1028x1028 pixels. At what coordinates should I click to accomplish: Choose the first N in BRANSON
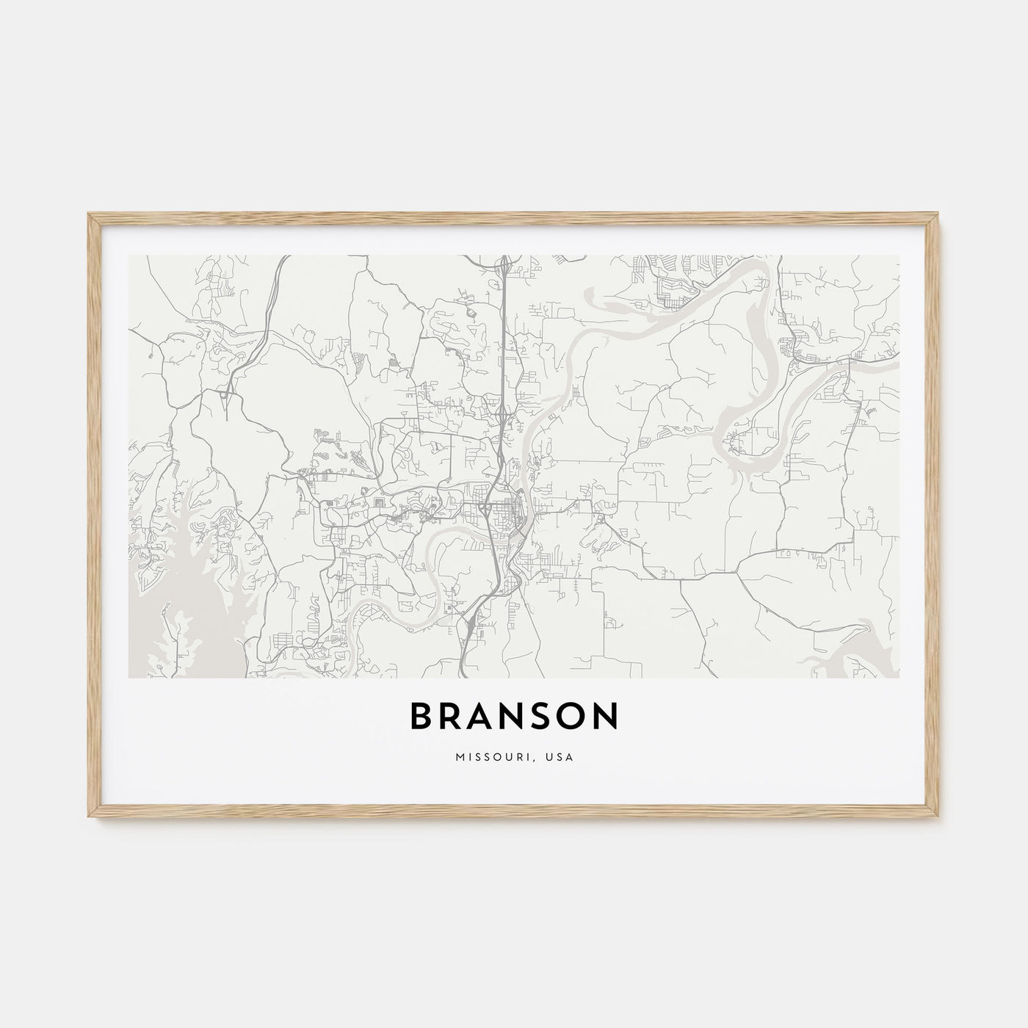click(518, 717)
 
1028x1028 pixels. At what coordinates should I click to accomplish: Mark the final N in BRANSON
click(607, 717)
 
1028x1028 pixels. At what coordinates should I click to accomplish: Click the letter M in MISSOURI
click(459, 756)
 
